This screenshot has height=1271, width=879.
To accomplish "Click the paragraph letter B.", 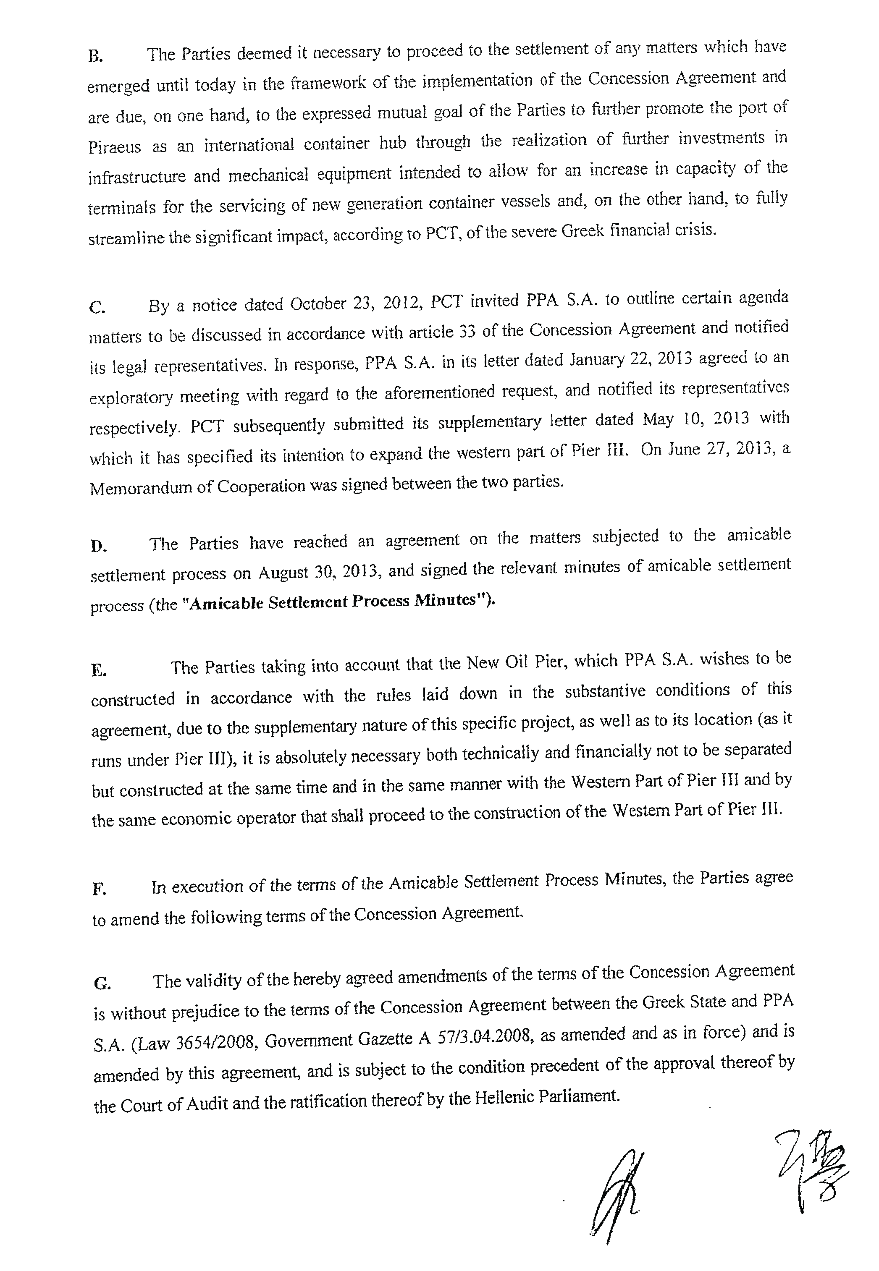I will tap(95, 57).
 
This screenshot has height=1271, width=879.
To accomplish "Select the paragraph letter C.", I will tap(97, 308).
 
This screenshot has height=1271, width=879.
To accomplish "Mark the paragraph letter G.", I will tap(102, 983).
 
